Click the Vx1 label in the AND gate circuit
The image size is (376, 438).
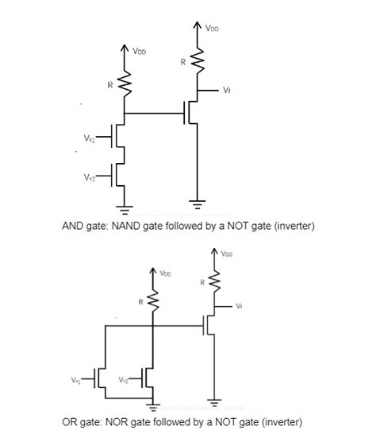pos(88,140)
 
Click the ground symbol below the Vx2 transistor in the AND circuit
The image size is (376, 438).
pos(122,211)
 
